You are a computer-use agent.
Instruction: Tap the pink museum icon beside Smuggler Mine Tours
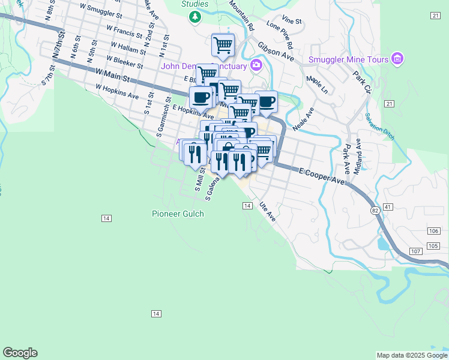397,59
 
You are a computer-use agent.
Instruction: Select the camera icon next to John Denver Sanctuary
257,65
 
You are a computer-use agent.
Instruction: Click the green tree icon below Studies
194,17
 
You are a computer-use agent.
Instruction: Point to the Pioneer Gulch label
178,214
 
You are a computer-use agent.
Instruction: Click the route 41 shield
388,207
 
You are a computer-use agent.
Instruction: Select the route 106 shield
433,231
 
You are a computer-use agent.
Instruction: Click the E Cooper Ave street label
322,175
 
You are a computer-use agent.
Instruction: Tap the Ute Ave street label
267,212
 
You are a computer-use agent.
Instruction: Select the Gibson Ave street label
276,52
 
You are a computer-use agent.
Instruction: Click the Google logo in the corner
20,353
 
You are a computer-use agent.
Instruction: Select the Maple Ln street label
316,85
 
